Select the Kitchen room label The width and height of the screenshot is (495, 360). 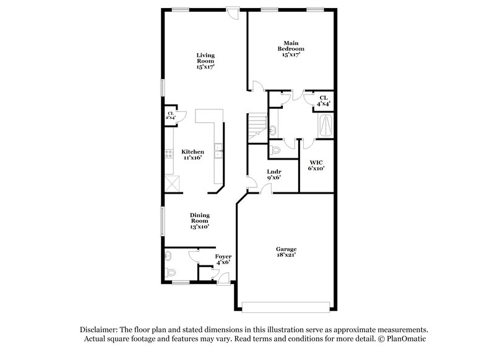192,155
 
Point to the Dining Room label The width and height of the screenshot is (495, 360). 199,221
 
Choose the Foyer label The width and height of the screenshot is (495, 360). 223,259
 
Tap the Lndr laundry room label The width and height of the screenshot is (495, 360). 274,174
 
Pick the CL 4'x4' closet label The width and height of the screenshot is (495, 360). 323,101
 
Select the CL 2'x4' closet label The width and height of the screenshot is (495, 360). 170,116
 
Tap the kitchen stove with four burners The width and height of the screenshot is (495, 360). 168,157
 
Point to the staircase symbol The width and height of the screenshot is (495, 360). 256,127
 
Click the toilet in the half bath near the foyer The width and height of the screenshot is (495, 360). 170,271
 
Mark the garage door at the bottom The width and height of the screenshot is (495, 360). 286,307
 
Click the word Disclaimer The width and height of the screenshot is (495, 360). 101,330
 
